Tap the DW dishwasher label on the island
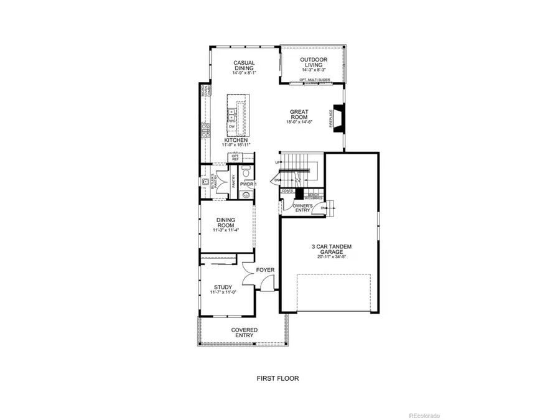tap(231, 126)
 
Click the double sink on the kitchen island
tap(231, 114)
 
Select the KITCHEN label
tap(236, 141)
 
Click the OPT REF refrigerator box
tap(236, 158)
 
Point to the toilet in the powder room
tap(246, 170)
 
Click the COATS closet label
tap(287, 191)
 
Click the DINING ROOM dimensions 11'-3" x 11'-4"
tap(225, 230)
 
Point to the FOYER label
tap(265, 269)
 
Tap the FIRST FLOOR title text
tap(279, 378)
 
